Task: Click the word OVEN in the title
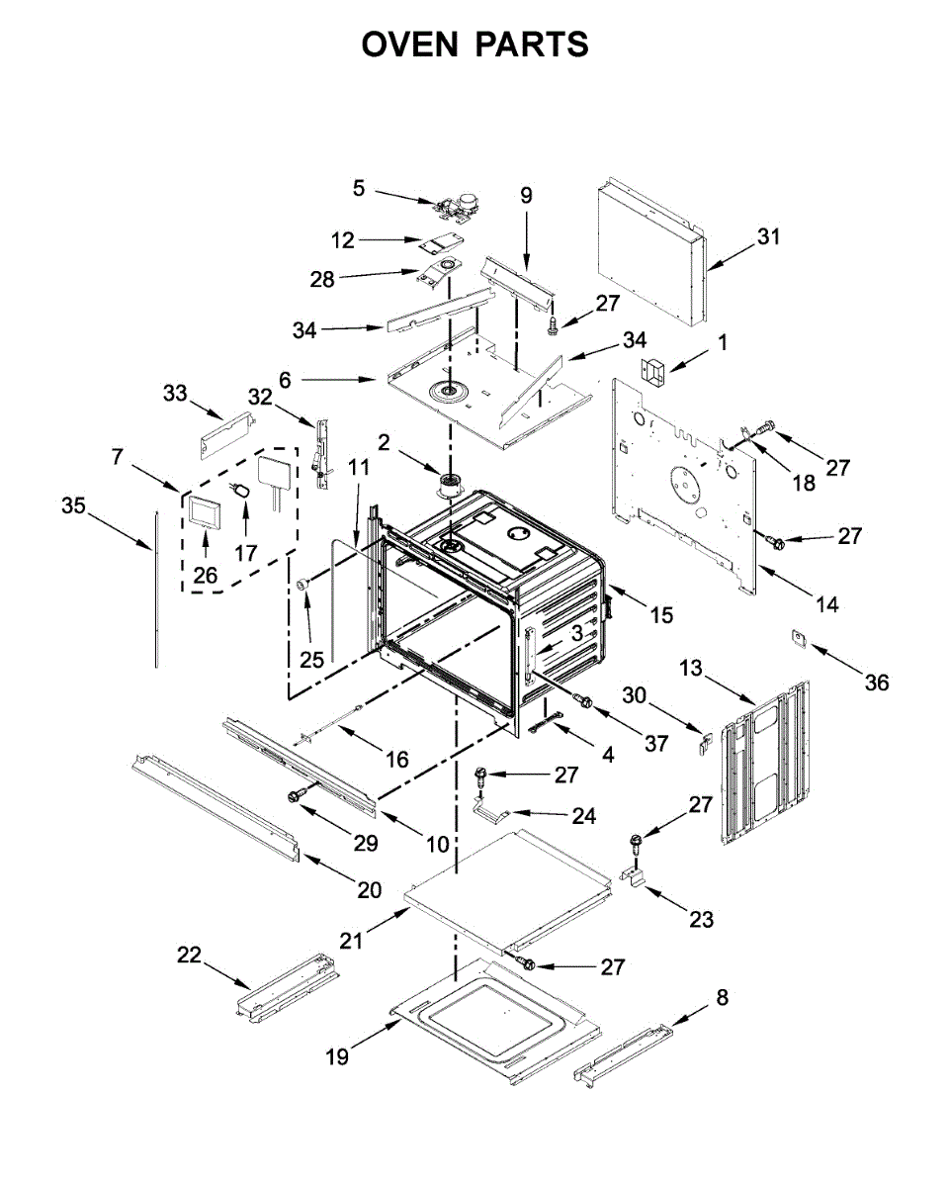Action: pyautogui.click(x=409, y=45)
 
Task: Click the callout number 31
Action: pyautogui.click(x=769, y=236)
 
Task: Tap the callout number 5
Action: pyautogui.click(x=359, y=188)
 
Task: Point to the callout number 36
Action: pyautogui.click(x=877, y=683)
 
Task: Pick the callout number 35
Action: pyautogui.click(x=73, y=504)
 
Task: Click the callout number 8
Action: pyautogui.click(x=723, y=997)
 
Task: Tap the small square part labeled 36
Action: pyautogui.click(x=799, y=638)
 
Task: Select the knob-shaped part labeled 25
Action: pyautogui.click(x=302, y=585)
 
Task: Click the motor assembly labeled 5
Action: pyautogui.click(x=456, y=208)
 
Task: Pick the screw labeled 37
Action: pyautogui.click(x=583, y=700)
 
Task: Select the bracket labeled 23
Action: pyautogui.click(x=635, y=877)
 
